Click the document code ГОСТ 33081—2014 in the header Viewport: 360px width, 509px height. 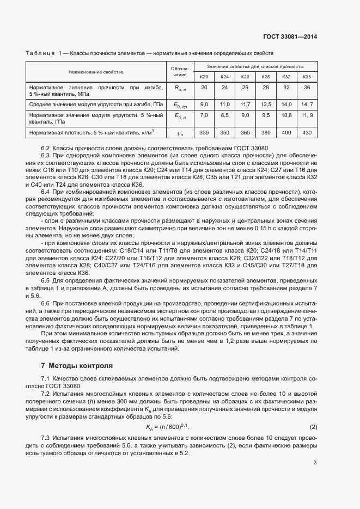pos(290,36)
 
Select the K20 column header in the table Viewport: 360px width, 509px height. pos(204,77)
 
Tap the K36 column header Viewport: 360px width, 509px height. pos(307,77)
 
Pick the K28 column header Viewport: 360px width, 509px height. pos(266,77)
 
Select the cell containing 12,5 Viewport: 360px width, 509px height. pos(266,104)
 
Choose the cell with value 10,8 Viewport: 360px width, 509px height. pos(286,115)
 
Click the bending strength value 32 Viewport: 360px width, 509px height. pos(286,88)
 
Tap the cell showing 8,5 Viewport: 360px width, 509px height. pos(224,115)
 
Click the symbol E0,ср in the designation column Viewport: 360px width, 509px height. pos(180,105)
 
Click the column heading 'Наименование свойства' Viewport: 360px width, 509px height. pos(96,72)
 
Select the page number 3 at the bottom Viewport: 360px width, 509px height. pos(315,463)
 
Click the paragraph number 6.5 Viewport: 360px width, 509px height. pos(46,280)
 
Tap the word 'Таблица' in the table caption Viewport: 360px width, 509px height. pos(40,53)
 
